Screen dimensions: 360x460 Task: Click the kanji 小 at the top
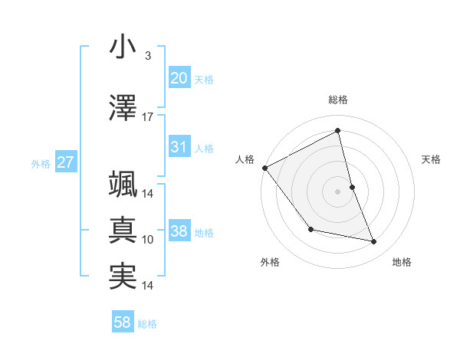click(x=122, y=47)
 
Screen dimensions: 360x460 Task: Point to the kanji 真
click(x=122, y=230)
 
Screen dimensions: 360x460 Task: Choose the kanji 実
click(x=122, y=277)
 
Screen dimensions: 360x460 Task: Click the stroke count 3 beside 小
click(x=147, y=56)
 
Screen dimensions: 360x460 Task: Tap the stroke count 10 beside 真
click(x=148, y=240)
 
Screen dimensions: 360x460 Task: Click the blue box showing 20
click(x=179, y=78)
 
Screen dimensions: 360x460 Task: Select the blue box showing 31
click(x=179, y=147)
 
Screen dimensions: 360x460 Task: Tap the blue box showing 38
click(x=179, y=231)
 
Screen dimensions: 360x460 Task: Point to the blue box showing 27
click(x=65, y=162)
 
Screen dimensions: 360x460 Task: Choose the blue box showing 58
click(x=123, y=322)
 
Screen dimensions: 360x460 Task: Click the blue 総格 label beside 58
click(x=147, y=324)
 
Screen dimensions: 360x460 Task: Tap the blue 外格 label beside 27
click(x=41, y=164)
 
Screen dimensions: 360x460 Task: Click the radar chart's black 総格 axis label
click(x=338, y=100)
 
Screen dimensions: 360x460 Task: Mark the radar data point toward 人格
click(x=264, y=168)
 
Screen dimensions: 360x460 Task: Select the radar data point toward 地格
click(x=374, y=242)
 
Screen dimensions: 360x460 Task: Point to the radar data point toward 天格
click(x=352, y=186)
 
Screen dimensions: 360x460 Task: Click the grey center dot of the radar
click(x=338, y=191)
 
